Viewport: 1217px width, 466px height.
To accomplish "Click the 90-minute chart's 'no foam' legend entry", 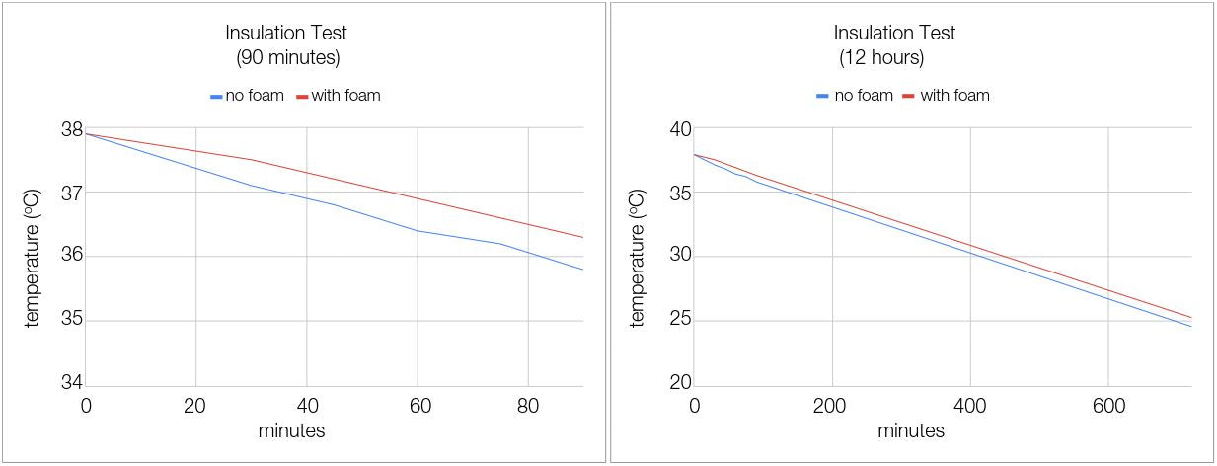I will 247,96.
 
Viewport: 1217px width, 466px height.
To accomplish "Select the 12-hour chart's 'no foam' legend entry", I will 855,96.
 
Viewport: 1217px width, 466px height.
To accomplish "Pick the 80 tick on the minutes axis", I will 528,406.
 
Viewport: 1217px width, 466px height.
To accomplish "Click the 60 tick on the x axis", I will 418,406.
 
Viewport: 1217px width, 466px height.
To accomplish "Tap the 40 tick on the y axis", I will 679,129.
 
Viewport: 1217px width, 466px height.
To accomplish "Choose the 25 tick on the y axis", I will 679,321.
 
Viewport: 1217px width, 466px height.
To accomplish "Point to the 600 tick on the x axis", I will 1108,406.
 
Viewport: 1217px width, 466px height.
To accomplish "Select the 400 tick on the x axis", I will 970,406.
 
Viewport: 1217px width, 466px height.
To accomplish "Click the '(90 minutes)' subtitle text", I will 288,58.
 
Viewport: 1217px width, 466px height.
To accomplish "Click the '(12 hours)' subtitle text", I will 881,58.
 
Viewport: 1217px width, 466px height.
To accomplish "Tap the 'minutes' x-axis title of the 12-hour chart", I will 911,430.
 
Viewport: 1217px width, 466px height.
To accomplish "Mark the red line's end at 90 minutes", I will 582,237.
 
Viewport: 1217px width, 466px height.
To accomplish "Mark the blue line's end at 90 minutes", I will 582,270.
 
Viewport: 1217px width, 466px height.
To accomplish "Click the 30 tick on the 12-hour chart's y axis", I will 679,257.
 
